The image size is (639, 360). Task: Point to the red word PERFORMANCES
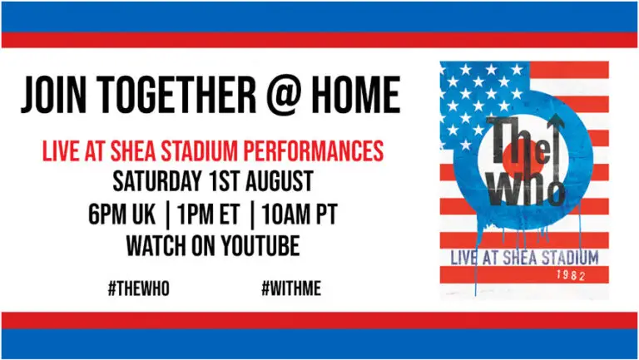coord(314,150)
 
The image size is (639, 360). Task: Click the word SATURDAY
coord(157,181)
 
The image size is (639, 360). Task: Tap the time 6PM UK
coord(121,214)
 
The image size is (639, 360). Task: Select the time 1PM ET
coord(208,214)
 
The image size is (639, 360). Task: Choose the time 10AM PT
coord(300,214)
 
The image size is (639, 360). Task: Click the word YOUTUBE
coord(260,245)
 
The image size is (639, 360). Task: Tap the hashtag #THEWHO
coord(139,288)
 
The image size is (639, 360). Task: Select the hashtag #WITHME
coord(291,288)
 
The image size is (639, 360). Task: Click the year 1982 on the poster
coord(571,275)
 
